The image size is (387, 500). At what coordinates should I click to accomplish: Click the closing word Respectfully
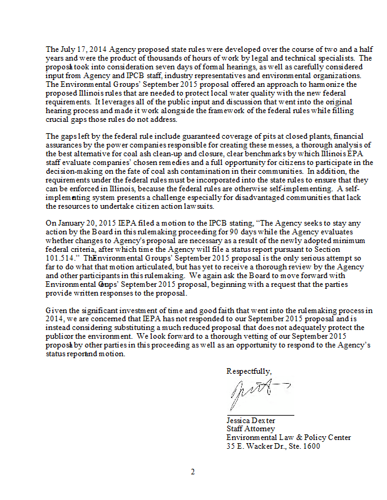pos(249,371)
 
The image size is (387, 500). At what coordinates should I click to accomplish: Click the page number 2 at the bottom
pos(194,472)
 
